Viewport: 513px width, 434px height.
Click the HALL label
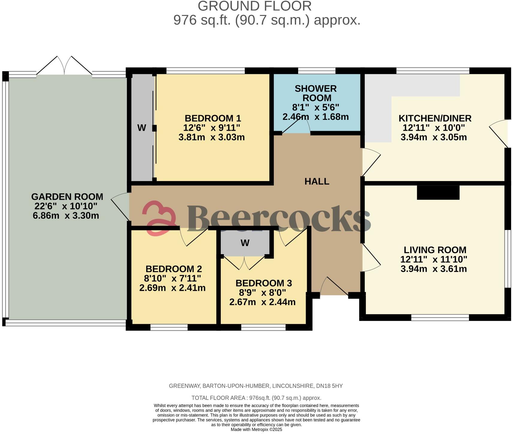tap(317, 181)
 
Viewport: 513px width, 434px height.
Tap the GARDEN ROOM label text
tap(67, 197)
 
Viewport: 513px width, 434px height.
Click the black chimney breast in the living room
tap(438, 193)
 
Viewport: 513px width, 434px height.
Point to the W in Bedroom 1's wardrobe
tap(141, 128)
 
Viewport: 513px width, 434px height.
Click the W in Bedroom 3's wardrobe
tap(245, 243)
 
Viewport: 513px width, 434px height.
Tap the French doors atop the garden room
tap(64, 66)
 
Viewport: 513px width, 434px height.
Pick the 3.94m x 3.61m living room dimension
tap(434, 269)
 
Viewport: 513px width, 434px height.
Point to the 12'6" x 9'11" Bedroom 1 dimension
tap(212, 128)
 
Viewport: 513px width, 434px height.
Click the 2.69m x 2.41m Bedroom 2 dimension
tap(172, 288)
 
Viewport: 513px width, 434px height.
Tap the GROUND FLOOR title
tap(254, 6)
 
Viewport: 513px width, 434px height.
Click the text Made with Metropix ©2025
tap(256, 430)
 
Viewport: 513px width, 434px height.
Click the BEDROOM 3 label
tap(263, 283)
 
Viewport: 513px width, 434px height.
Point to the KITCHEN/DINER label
tap(435, 118)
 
